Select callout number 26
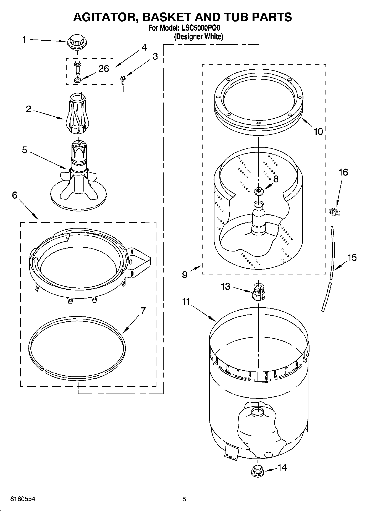104,69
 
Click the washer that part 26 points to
77,81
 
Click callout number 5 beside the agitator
25,150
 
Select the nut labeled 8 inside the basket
259,190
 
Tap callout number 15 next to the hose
351,258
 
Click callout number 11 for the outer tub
186,302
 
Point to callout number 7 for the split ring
143,311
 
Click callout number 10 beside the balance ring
318,132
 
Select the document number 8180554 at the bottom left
23,499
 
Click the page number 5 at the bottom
184,499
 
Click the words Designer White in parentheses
198,36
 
